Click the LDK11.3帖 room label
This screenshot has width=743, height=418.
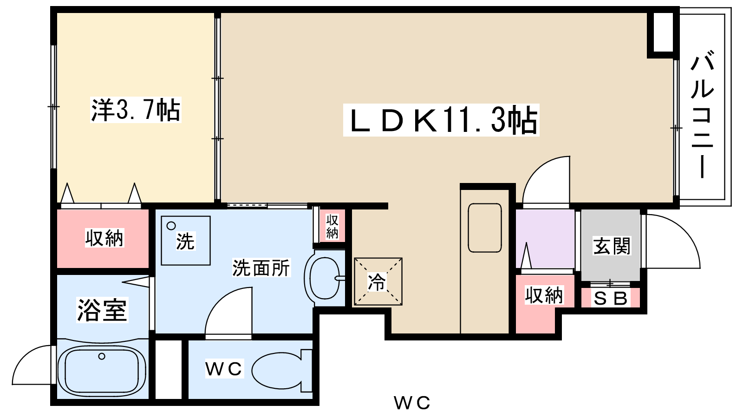point(441,120)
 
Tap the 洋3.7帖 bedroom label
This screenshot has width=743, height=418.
point(135,110)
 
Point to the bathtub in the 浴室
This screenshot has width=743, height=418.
point(102,370)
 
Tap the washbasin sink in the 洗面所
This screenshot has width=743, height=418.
point(325,278)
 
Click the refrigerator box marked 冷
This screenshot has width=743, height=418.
point(378,281)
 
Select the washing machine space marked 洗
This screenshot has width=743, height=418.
point(185,241)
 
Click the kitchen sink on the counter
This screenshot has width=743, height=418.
point(485,228)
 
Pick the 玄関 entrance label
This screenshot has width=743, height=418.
point(612,246)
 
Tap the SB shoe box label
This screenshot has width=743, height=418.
point(610,298)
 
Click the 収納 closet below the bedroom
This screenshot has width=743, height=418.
point(104,238)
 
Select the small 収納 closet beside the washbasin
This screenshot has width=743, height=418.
point(332,226)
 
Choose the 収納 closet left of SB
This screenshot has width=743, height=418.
point(544,295)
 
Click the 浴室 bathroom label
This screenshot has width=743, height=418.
point(102,310)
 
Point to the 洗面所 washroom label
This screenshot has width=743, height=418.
point(261,268)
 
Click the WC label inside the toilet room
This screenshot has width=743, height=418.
point(224,369)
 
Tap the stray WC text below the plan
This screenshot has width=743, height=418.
point(412,403)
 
